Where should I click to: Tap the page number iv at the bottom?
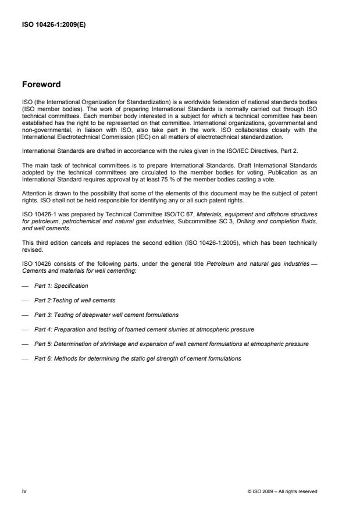point(25,491)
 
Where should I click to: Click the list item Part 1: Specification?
point(60,286)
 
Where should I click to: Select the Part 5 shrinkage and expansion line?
point(171,344)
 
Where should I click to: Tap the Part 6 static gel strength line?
point(137,359)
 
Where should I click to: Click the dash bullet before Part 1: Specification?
point(25,286)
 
